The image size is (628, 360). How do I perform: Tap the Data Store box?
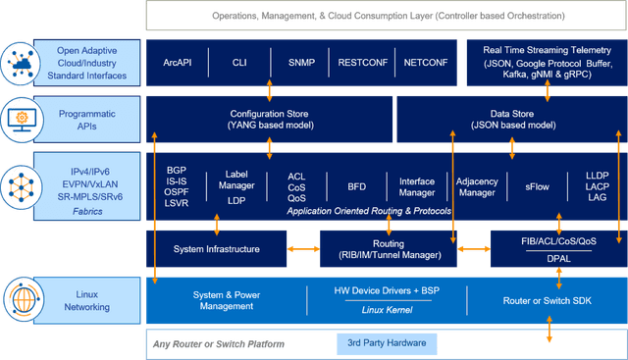click(510, 120)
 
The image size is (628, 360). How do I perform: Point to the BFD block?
click(356, 184)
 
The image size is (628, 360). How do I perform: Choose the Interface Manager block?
click(416, 184)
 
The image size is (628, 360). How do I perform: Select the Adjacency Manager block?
click(476, 184)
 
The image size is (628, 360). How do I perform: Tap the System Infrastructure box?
click(217, 249)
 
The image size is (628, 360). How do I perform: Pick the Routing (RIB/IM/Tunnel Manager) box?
click(388, 249)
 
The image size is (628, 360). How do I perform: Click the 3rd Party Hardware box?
click(387, 343)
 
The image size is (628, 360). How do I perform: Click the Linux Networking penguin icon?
click(21, 298)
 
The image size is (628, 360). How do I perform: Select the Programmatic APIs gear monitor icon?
click(21, 119)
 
